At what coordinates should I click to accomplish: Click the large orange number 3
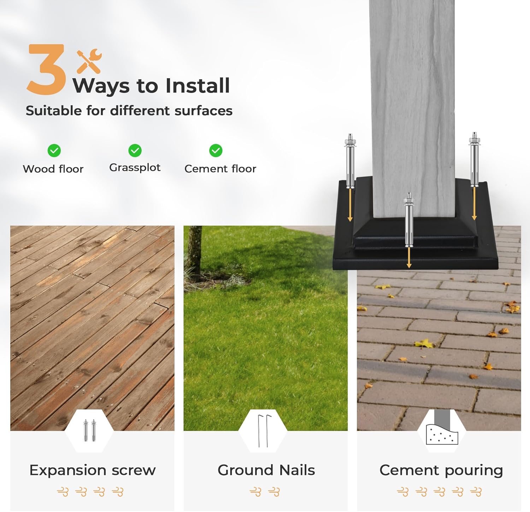click(46, 69)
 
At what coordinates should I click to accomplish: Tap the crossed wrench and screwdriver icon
click(89, 61)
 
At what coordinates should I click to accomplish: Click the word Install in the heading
click(198, 86)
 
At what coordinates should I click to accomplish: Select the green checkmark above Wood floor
click(54, 151)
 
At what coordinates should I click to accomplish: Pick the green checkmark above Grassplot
click(135, 151)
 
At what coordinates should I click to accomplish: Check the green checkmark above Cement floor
click(216, 151)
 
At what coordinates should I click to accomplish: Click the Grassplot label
click(135, 168)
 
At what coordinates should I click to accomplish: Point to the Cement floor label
click(220, 169)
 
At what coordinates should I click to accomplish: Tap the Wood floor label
click(53, 169)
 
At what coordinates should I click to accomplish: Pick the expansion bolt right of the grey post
click(474, 159)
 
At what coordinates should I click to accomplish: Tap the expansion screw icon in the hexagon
click(89, 430)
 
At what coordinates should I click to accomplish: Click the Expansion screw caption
click(93, 470)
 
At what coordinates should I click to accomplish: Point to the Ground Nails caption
click(266, 470)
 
